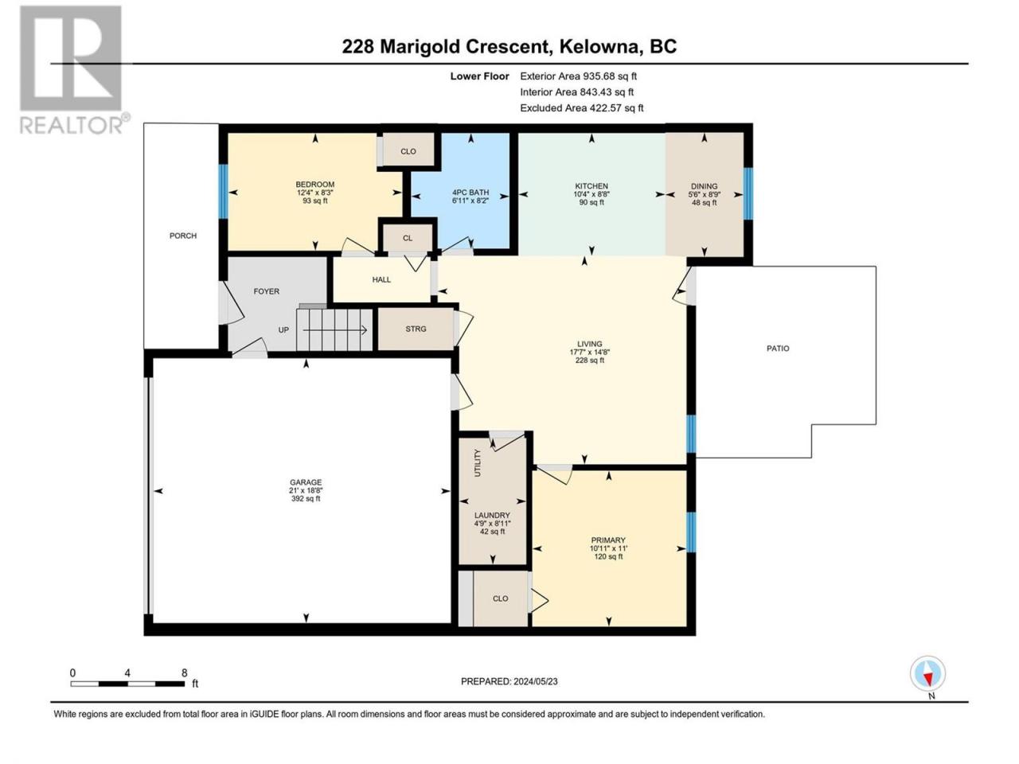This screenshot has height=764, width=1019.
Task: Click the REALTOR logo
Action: tap(74, 69)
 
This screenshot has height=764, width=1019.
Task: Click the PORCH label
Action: tap(183, 236)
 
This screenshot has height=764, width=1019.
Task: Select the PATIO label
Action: tap(778, 349)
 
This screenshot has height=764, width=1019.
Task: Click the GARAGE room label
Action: tap(306, 482)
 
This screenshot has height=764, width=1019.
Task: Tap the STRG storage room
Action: tap(416, 329)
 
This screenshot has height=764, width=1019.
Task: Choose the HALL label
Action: tap(381, 279)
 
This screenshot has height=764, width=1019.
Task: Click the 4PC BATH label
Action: tap(470, 193)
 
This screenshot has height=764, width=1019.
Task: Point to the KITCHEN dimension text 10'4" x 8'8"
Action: tap(591, 194)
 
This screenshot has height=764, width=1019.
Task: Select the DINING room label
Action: tap(705, 186)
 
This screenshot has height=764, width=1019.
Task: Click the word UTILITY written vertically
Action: tap(478, 463)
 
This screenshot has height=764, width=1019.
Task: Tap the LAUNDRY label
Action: tap(492, 516)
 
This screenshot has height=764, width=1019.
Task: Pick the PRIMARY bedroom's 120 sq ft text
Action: tap(609, 556)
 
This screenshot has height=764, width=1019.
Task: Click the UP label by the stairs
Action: tap(283, 329)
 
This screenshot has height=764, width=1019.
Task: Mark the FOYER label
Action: tap(267, 291)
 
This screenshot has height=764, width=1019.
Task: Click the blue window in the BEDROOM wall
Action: tap(223, 191)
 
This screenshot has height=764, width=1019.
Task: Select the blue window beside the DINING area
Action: tap(748, 193)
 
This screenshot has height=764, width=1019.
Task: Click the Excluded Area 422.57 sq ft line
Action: tap(582, 108)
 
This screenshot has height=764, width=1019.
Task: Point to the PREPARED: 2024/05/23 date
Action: tap(509, 681)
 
